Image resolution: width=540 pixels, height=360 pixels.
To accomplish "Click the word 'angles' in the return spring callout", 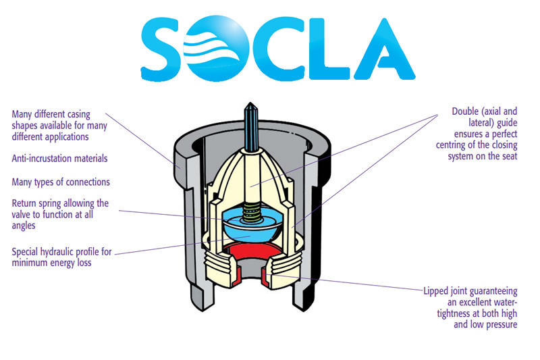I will pos(26,226).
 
